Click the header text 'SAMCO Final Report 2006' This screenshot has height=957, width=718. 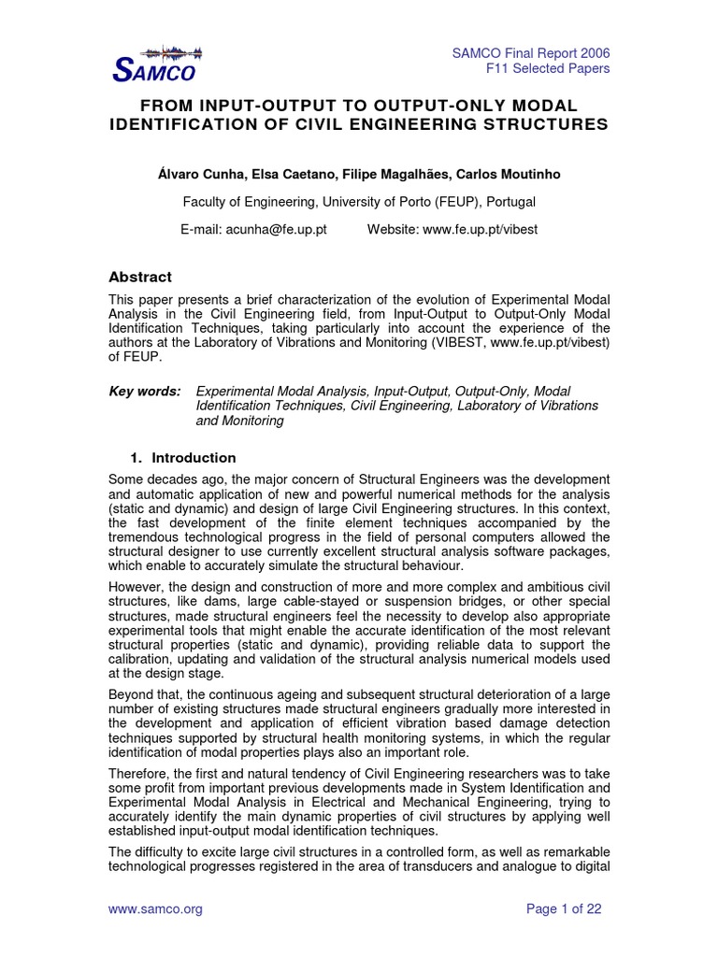(531, 52)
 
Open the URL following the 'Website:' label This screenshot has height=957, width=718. (481, 229)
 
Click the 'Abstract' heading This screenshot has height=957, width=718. (140, 277)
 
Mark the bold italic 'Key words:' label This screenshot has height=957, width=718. (145, 390)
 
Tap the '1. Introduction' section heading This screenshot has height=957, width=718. (182, 458)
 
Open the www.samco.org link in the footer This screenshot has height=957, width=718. (156, 908)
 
